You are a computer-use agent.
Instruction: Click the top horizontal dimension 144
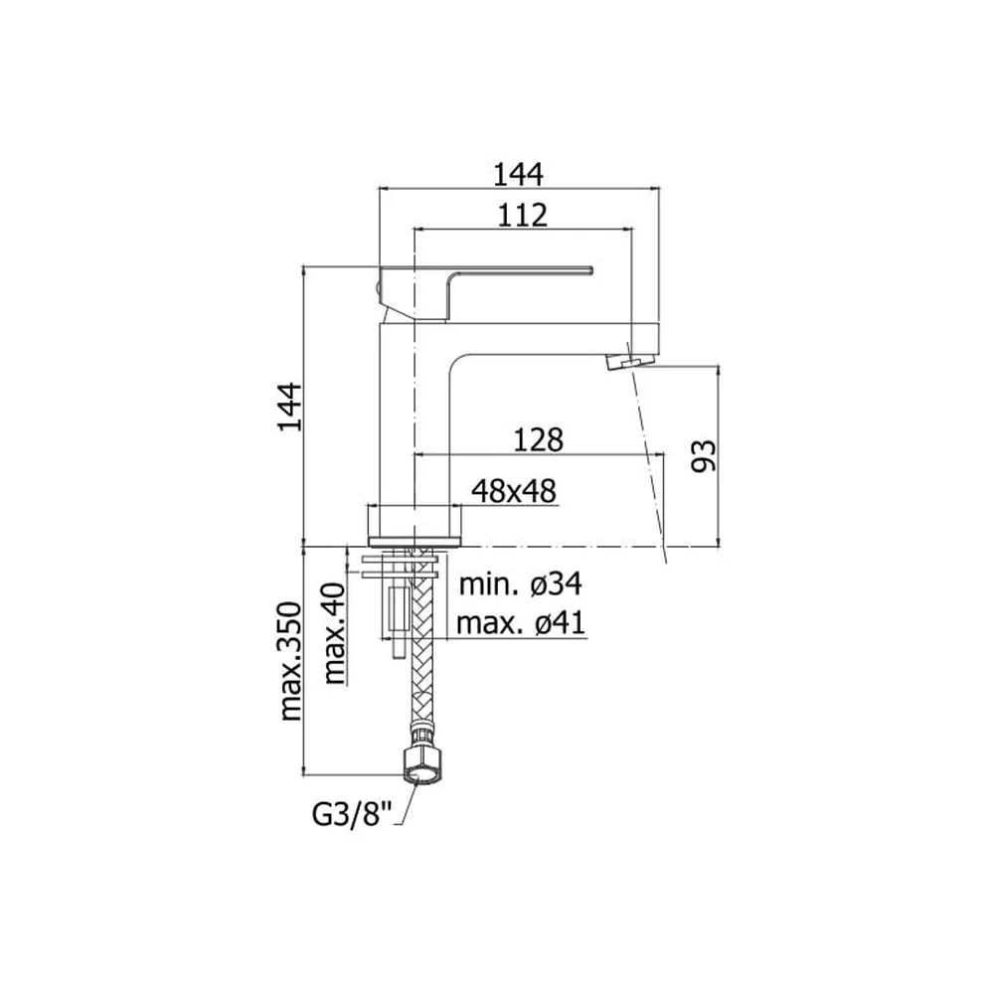[x=518, y=174]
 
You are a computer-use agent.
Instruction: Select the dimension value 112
[x=522, y=216]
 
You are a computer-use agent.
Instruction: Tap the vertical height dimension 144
[x=289, y=407]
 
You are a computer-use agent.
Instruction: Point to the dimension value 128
[x=538, y=440]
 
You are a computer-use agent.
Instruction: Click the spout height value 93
[x=703, y=455]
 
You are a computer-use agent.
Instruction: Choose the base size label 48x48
[x=514, y=491]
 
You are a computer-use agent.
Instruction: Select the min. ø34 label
[x=520, y=583]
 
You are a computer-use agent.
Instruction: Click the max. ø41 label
[x=521, y=624]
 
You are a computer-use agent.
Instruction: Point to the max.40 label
[x=334, y=633]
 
